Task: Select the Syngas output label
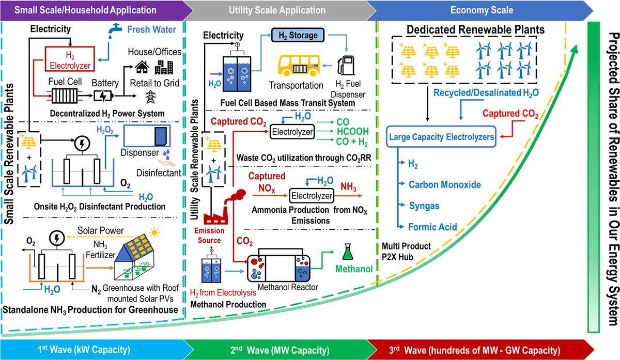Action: [x=424, y=206]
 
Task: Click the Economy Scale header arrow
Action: [x=482, y=10]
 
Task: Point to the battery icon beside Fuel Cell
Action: [x=112, y=95]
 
